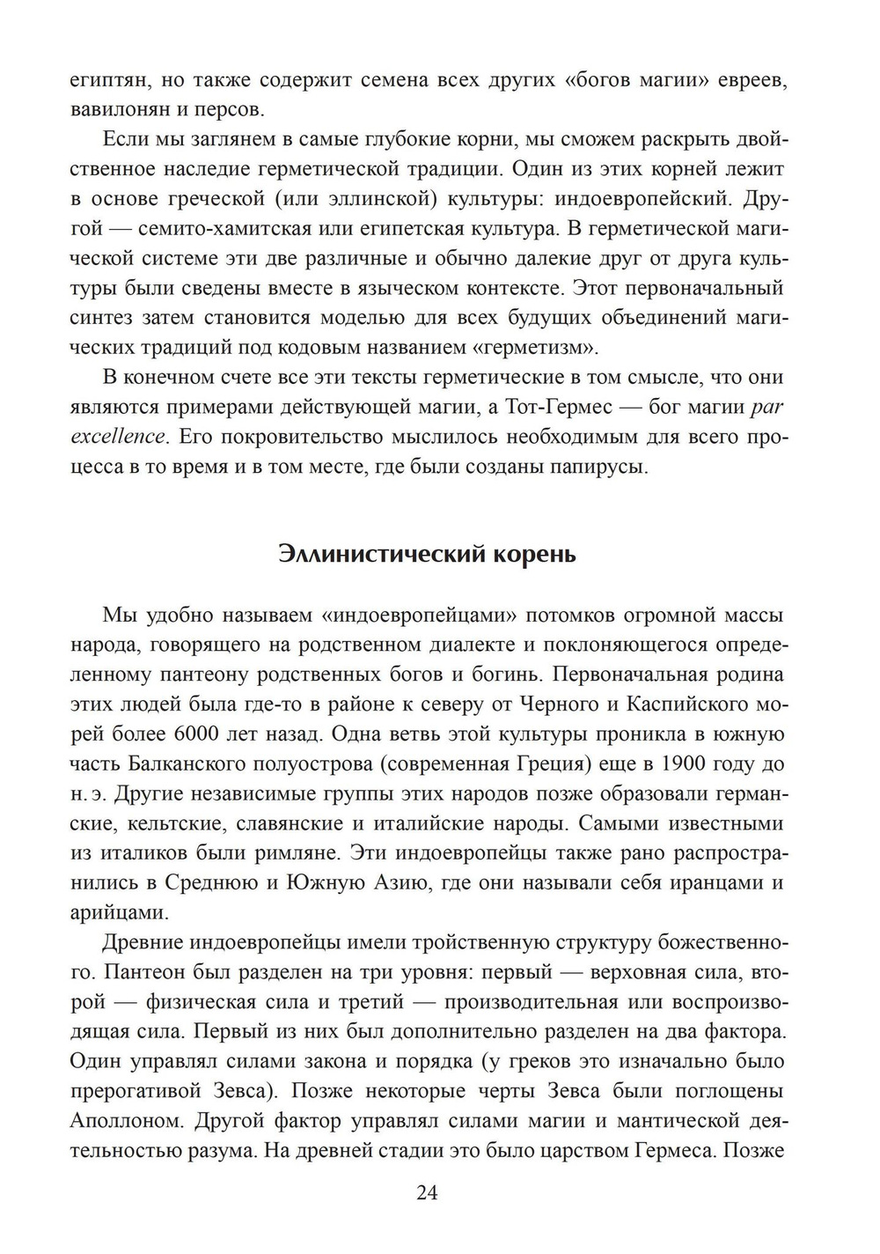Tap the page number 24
(x=427, y=1193)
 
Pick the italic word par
(x=766, y=407)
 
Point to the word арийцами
(x=115, y=912)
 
